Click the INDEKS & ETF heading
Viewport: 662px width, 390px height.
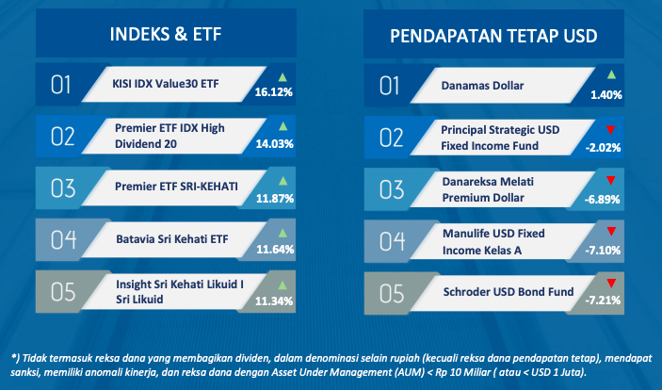[x=166, y=34]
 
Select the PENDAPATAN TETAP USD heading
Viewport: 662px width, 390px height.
[x=493, y=36]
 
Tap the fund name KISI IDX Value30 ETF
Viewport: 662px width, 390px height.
[x=166, y=84]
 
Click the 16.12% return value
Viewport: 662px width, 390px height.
[x=274, y=92]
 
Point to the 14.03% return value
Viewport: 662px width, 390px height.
[x=274, y=144]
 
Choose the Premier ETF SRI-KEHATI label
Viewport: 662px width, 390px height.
[x=176, y=187]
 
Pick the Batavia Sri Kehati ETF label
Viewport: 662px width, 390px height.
[x=172, y=239]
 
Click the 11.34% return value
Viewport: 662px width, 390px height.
[x=274, y=301]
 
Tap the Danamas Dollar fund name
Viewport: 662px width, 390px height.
[x=482, y=86]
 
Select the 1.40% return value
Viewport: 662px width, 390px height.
[x=606, y=95]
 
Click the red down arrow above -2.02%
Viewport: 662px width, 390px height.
[x=610, y=129]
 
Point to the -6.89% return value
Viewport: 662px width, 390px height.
[x=603, y=200]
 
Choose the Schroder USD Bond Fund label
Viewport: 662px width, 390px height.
[x=509, y=291]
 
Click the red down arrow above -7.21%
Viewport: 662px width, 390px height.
[x=611, y=283]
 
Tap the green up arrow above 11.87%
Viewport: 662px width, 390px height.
[x=283, y=181]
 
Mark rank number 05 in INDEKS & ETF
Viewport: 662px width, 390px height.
[x=63, y=292]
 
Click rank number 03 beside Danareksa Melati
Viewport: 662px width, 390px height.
[x=392, y=189]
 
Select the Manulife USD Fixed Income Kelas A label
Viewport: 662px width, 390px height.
[x=493, y=242]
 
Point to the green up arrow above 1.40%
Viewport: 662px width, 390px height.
[x=611, y=75]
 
